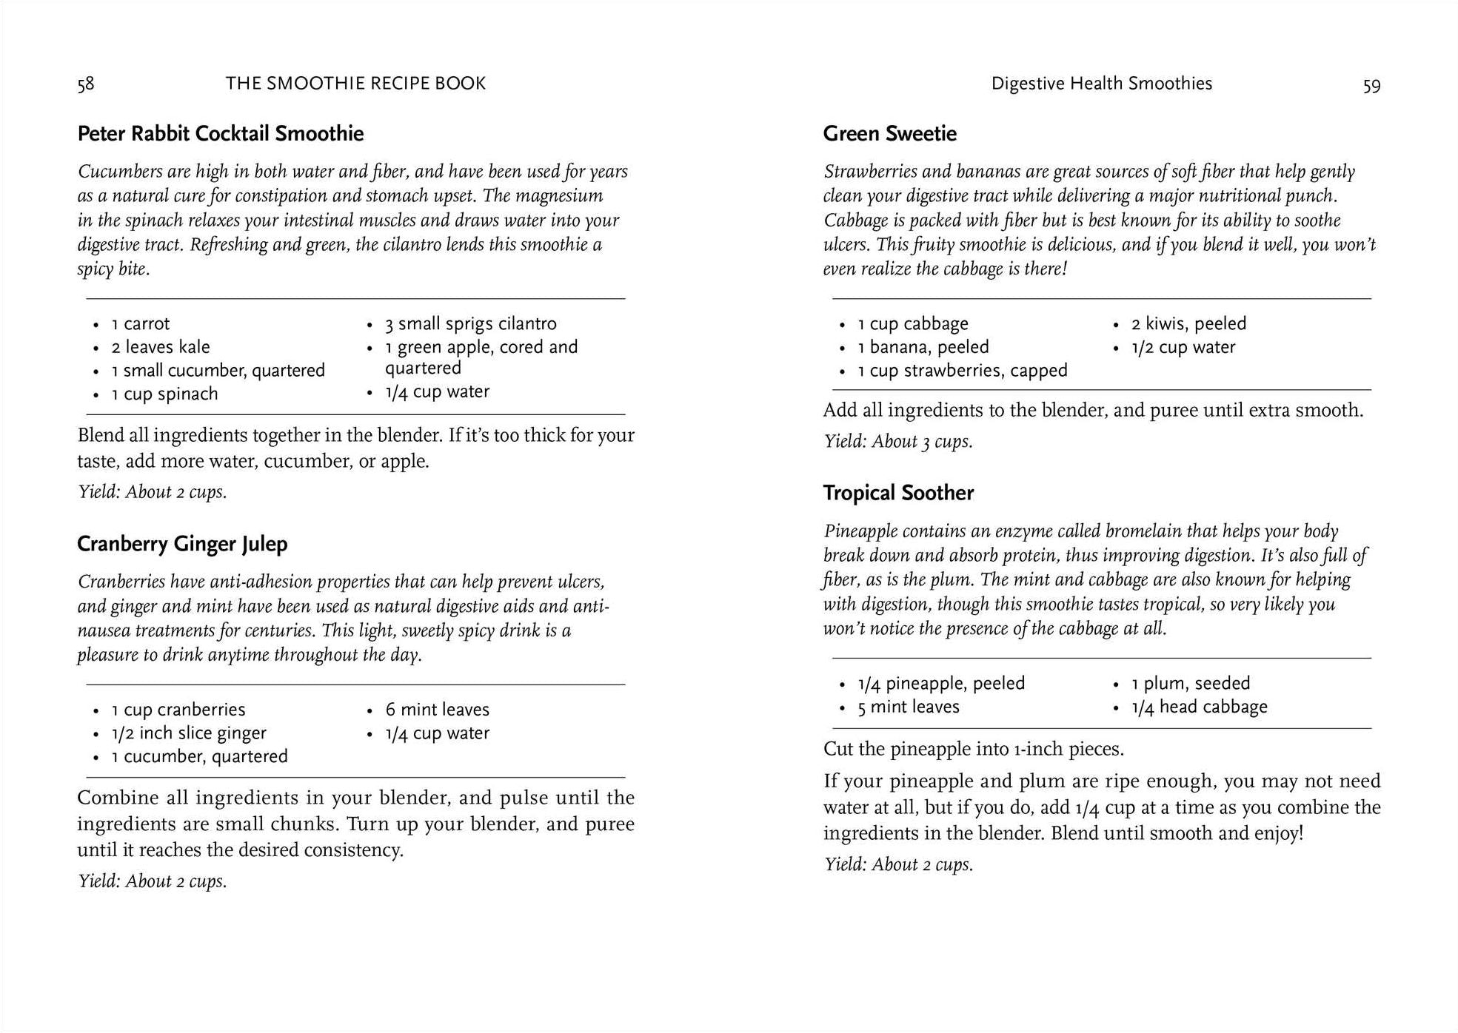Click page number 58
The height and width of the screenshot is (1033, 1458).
pyautogui.click(x=86, y=84)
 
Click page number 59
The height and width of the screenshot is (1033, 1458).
pyautogui.click(x=1371, y=86)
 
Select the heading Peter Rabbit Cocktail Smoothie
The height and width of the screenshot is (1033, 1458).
pyautogui.click(x=221, y=134)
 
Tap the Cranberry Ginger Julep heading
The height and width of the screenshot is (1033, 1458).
pyautogui.click(x=182, y=544)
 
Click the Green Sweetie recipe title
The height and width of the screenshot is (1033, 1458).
pyautogui.click(x=889, y=134)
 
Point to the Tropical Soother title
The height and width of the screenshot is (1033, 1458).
pyautogui.click(x=898, y=493)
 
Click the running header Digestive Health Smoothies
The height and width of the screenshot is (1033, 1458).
pyautogui.click(x=1101, y=84)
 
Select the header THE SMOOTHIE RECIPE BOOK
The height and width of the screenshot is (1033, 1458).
pyautogui.click(x=355, y=84)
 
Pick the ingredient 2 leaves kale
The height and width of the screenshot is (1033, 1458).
pyautogui.click(x=161, y=347)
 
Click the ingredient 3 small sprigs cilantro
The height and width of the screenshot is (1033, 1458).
pyautogui.click(x=470, y=324)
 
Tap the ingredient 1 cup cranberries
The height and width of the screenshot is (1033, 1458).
pyautogui.click(x=178, y=710)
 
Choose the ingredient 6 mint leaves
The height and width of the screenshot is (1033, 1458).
pyautogui.click(x=437, y=710)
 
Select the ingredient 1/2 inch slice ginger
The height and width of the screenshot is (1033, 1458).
pyautogui.click(x=189, y=733)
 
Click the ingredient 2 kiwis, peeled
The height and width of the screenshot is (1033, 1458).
pyautogui.click(x=1188, y=324)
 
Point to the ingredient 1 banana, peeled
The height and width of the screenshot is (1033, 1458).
pyautogui.click(x=923, y=347)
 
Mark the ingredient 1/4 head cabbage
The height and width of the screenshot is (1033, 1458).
pyautogui.click(x=1199, y=707)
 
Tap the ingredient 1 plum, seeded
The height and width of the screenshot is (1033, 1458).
pyautogui.click(x=1190, y=684)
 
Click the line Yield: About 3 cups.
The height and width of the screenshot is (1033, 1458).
pyautogui.click(x=898, y=442)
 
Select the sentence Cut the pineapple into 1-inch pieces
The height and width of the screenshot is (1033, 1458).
pyautogui.click(x=973, y=749)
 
